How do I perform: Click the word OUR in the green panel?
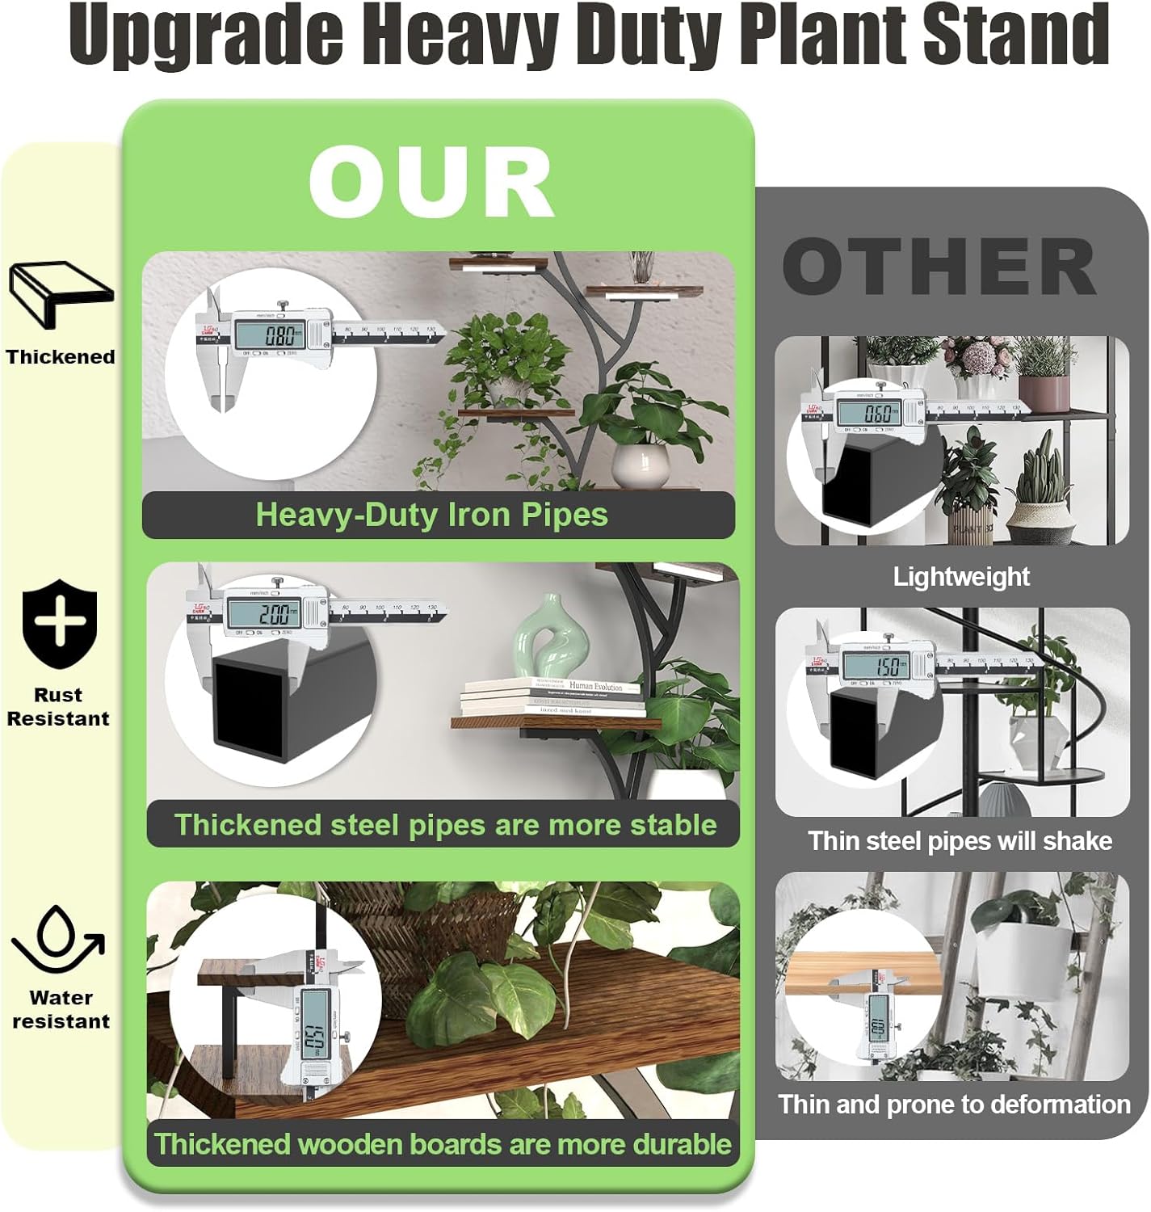431,183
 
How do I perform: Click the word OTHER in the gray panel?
939,267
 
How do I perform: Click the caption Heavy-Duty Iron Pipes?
431,515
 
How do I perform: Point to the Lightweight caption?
960,577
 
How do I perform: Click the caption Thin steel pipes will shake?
960,841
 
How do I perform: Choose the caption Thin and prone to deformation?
954,1105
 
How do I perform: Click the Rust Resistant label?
58,707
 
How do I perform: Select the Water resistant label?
61,1009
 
